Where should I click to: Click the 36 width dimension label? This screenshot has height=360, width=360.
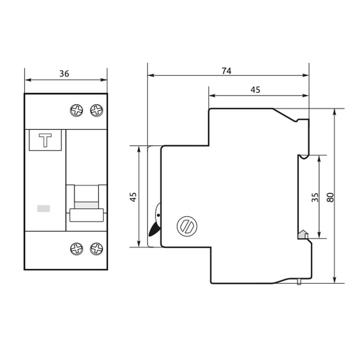click(x=64, y=74)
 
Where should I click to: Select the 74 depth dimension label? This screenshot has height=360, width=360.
click(x=226, y=71)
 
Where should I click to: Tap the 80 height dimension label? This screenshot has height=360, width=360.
click(x=330, y=197)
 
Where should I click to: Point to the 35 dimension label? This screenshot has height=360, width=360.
click(x=315, y=197)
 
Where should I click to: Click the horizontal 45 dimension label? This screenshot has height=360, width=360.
click(x=255, y=90)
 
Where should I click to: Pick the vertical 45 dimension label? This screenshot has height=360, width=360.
click(x=133, y=197)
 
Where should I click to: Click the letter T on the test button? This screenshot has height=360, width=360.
click(x=45, y=140)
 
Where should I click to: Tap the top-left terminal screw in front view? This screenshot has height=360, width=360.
click(x=76, y=111)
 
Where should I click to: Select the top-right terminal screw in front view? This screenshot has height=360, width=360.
click(x=96, y=111)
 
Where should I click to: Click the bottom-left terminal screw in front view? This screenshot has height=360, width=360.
click(x=76, y=249)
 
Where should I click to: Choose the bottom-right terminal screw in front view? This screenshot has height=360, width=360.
click(x=96, y=249)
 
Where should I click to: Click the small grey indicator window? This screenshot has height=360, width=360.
click(x=44, y=208)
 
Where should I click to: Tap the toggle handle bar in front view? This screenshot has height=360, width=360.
click(x=86, y=215)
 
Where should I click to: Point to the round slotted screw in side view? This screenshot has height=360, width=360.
click(x=187, y=226)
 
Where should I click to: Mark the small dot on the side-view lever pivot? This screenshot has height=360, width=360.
click(x=158, y=215)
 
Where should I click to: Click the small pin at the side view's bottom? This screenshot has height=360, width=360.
click(x=299, y=282)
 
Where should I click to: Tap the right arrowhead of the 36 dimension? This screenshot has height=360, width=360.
click(x=104, y=80)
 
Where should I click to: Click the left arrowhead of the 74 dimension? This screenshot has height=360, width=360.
click(x=151, y=75)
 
